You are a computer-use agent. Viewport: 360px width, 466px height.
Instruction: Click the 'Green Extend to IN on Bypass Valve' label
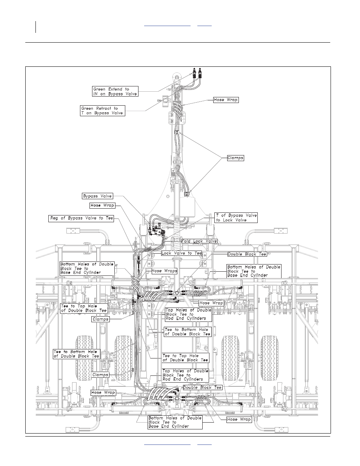tap(115, 91)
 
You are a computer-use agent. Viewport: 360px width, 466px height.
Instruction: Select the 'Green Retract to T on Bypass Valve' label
tap(103, 111)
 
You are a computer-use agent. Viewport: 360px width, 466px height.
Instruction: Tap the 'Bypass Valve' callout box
tap(97, 196)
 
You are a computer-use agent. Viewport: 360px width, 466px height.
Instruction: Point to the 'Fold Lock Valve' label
tap(199, 241)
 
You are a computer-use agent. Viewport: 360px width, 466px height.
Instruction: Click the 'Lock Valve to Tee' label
tap(182, 253)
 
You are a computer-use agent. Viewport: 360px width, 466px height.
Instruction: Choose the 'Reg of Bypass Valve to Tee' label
tap(81, 218)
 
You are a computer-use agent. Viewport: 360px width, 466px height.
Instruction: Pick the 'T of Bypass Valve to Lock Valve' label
tap(236, 218)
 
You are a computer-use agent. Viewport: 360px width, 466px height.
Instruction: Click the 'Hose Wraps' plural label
tap(164, 271)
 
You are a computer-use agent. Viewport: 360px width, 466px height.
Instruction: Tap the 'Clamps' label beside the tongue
tap(235, 158)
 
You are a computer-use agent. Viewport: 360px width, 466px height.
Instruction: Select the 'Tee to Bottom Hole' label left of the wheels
tap(76, 354)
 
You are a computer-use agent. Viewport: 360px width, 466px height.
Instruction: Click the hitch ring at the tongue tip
tap(176, 77)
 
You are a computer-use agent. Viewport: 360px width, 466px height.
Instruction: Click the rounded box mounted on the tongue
tap(187, 206)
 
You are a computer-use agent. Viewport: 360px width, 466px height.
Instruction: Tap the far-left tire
tap(85, 358)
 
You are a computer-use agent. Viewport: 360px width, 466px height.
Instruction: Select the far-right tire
tap(269, 358)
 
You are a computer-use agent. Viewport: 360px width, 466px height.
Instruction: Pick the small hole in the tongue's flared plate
tap(168, 196)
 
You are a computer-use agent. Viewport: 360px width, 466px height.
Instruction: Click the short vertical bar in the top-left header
tap(35, 27)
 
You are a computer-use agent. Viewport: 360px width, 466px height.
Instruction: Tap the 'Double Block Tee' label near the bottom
tap(202, 388)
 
